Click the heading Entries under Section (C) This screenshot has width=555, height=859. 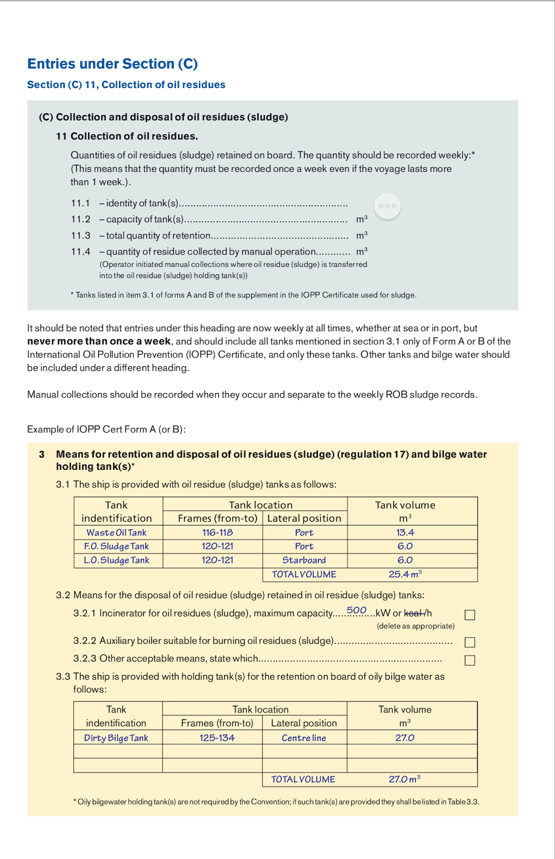click(113, 64)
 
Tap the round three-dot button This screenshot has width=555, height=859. click(387, 206)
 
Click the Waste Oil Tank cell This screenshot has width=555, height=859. click(116, 533)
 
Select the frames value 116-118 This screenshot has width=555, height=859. click(217, 533)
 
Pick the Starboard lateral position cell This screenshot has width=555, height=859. click(304, 560)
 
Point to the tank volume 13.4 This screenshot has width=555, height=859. click(405, 533)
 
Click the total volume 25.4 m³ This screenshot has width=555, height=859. click(405, 574)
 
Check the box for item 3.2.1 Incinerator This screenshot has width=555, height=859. click(470, 615)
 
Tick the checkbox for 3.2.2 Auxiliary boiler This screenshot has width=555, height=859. click(470, 642)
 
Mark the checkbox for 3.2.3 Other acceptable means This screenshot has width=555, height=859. click(470, 660)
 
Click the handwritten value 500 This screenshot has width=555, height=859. click(357, 610)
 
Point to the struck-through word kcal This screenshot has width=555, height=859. click(413, 613)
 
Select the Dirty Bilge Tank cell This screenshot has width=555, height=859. click(116, 738)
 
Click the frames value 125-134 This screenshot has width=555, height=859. click(217, 738)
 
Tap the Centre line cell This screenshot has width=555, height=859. click(304, 738)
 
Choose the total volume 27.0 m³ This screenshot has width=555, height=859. click(404, 779)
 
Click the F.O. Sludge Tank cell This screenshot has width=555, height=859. click(116, 546)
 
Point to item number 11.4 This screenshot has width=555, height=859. click(80, 251)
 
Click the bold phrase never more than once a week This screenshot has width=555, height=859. click(99, 341)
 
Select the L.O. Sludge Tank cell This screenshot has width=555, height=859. click(116, 560)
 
